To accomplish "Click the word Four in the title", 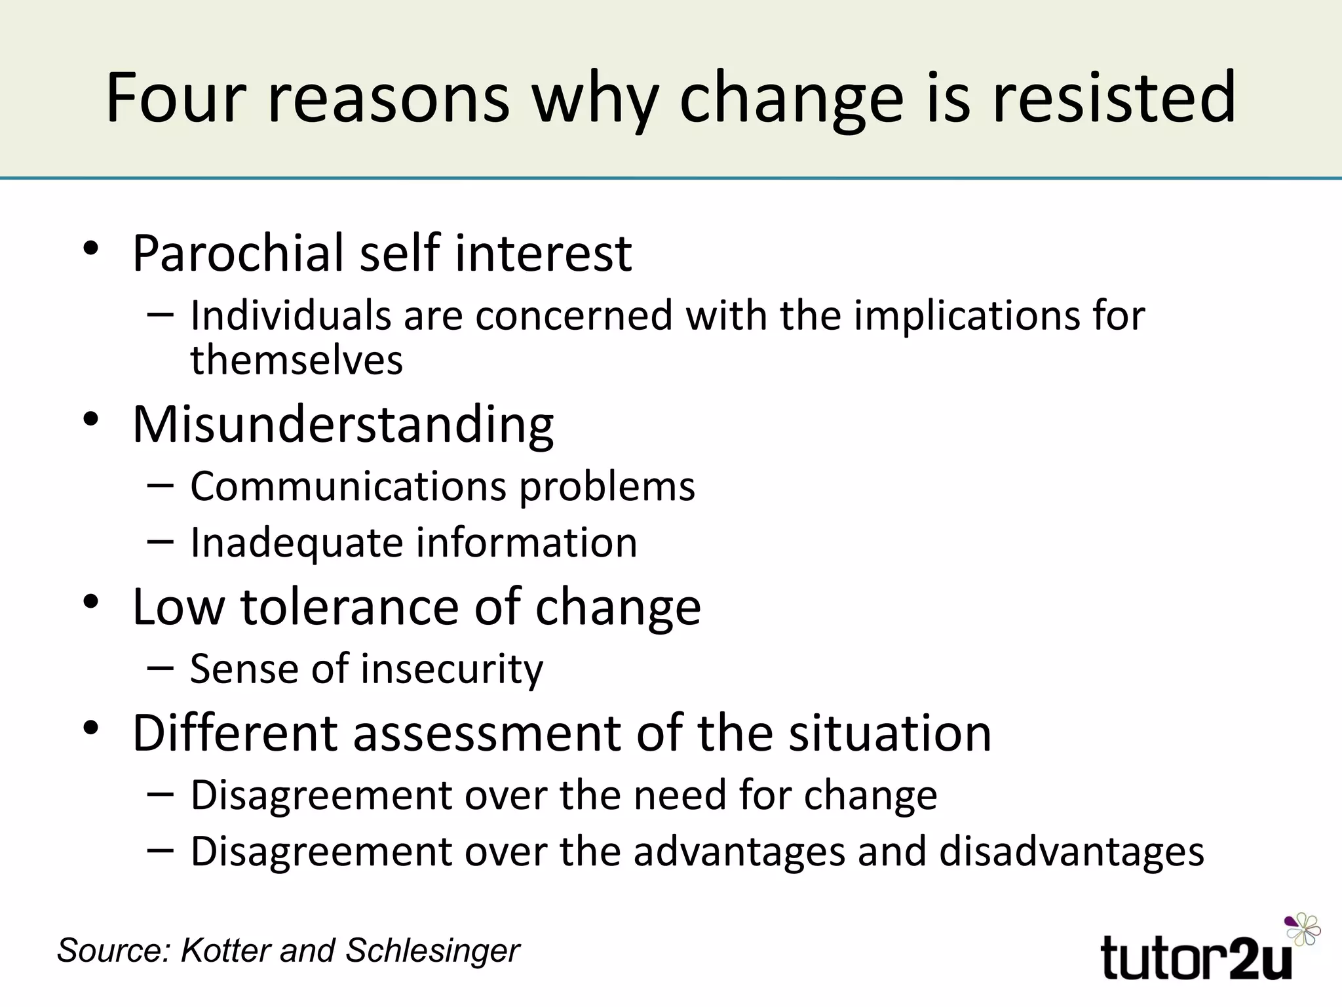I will (x=175, y=98).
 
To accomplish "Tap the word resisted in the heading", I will (x=1113, y=98).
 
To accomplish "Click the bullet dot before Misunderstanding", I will (x=90, y=420).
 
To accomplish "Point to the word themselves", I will (x=296, y=361).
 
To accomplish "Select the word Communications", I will (x=348, y=487).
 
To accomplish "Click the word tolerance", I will (x=350, y=607).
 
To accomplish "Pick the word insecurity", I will (x=451, y=669).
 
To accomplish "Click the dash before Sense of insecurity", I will (x=161, y=668).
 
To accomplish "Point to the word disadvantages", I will (x=1071, y=852).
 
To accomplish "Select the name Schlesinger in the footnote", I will (x=432, y=950).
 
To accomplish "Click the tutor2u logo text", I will (x=1196, y=958).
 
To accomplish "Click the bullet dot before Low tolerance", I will (x=90, y=602).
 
